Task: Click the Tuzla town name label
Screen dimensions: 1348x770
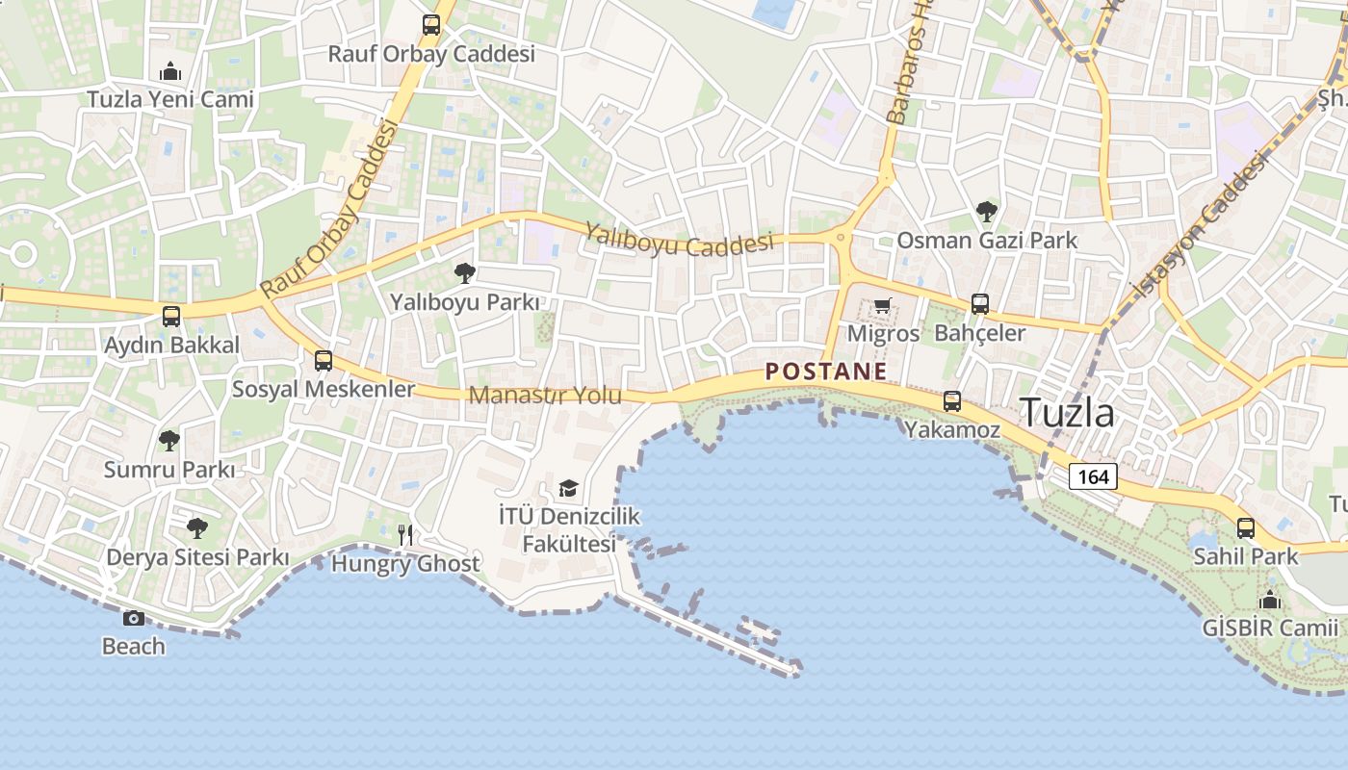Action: click(1067, 413)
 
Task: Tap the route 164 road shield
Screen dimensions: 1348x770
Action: click(1093, 476)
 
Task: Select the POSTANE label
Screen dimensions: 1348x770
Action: click(826, 372)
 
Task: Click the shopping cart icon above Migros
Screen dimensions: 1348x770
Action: click(882, 306)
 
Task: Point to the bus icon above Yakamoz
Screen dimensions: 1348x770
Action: click(952, 401)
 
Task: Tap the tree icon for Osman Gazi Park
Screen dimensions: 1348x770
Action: click(986, 212)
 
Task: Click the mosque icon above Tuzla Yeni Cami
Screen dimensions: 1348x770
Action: click(170, 71)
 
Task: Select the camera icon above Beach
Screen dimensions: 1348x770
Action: click(134, 618)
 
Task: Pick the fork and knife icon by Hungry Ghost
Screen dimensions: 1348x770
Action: click(406, 534)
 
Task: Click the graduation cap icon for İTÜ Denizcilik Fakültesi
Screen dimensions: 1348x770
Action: click(568, 489)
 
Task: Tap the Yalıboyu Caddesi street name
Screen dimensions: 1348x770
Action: click(680, 238)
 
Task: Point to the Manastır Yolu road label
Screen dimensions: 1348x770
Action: click(545, 396)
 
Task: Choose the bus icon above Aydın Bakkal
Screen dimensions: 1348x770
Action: click(171, 316)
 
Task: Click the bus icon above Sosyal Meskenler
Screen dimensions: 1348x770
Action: click(324, 361)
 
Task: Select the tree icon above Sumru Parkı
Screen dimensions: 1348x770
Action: click(169, 441)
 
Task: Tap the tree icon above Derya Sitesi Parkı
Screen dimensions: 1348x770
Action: click(197, 527)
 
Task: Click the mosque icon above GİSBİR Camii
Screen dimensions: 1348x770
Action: click(1270, 600)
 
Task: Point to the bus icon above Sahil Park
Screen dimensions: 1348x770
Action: click(1246, 527)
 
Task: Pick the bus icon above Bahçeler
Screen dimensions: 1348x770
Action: click(980, 304)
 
